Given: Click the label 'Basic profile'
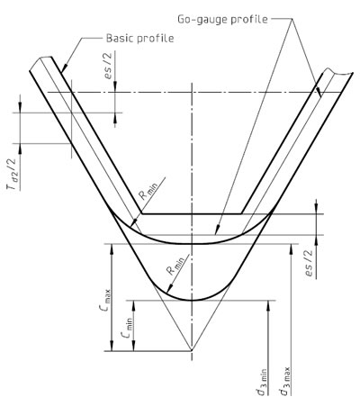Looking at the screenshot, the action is click(140, 39).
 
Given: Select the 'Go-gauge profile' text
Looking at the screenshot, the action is click(222, 20).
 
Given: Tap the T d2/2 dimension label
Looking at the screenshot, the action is click(13, 174).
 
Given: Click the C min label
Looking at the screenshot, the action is click(127, 328).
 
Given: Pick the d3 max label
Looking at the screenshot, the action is click(284, 381).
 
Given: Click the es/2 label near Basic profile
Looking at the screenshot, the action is click(108, 66).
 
